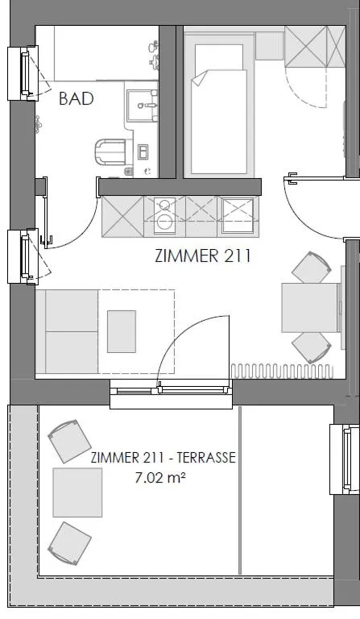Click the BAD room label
(x=77, y=99)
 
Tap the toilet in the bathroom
(x=110, y=151)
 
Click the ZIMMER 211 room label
(x=202, y=257)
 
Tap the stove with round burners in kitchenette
(x=164, y=216)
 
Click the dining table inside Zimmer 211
(x=308, y=307)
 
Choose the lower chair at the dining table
(x=311, y=347)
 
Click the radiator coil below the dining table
(x=282, y=370)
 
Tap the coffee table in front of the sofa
(x=122, y=331)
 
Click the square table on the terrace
(x=77, y=492)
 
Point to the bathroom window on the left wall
(x=22, y=73)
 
